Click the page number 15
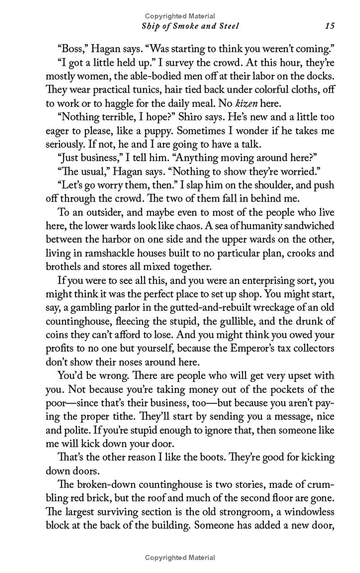(330, 26)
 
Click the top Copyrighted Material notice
(180, 16)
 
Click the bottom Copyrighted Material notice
(180, 558)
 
